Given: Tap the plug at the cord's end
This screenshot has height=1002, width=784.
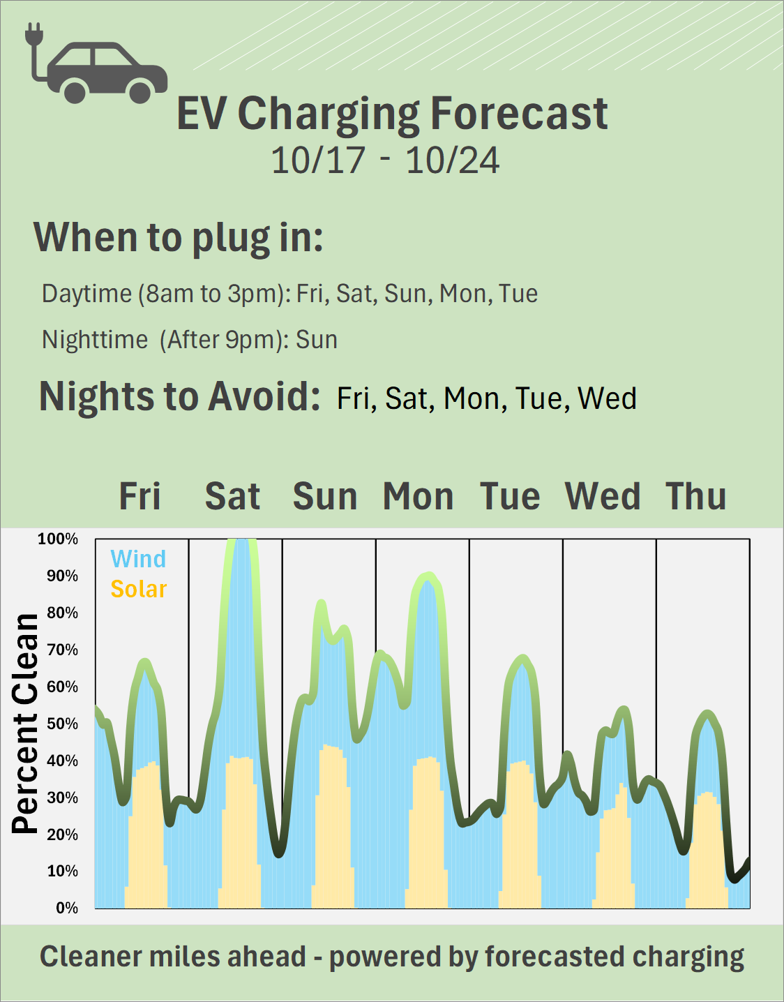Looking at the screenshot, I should [x=34, y=33].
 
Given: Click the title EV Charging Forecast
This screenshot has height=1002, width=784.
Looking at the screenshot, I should [x=392, y=114].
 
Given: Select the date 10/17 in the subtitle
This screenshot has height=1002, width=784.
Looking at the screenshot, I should [x=318, y=160].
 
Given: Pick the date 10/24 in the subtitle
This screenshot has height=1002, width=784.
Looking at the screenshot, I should [x=453, y=160].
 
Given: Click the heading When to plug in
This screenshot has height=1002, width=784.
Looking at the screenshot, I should [x=179, y=238].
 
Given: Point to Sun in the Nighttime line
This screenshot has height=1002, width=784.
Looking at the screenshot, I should [x=317, y=340].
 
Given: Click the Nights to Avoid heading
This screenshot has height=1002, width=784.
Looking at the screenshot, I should [x=180, y=396].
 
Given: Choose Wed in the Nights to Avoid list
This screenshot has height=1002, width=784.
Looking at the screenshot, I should [x=607, y=399].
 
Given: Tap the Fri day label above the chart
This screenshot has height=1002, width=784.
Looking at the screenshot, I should [x=140, y=497].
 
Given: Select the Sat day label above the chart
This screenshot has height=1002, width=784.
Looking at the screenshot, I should [x=232, y=497].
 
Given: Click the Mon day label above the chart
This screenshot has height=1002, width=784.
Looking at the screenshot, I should [x=419, y=497].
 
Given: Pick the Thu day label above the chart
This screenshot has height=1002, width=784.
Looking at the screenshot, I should [x=696, y=497].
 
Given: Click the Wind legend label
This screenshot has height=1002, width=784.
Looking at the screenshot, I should [x=138, y=559].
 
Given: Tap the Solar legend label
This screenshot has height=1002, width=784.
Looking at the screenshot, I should [x=139, y=589].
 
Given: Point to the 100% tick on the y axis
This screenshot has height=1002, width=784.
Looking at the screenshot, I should [x=58, y=539].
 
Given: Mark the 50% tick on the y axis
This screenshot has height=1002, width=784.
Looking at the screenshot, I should [x=62, y=724].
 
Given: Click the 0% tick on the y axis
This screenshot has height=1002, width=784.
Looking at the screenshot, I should [x=67, y=908].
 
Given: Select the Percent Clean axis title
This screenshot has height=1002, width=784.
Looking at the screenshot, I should [x=26, y=724].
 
